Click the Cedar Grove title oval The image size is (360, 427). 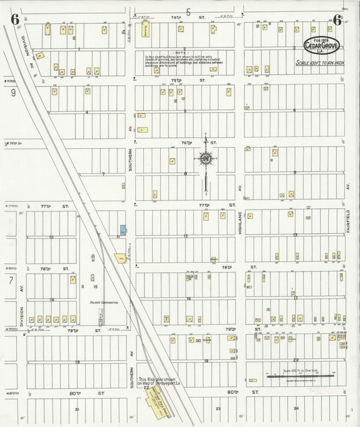pos(322,45)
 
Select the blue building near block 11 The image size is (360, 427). pos(123,231)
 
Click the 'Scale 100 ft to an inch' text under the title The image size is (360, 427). pos(320,62)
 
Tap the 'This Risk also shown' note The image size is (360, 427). pos(155,381)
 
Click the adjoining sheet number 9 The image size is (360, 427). pos(13,93)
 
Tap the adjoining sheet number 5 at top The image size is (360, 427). pos(188,11)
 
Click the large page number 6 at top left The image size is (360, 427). pos(14,20)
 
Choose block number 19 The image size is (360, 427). pos(205,361)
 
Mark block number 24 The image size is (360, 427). pos(296,409)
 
